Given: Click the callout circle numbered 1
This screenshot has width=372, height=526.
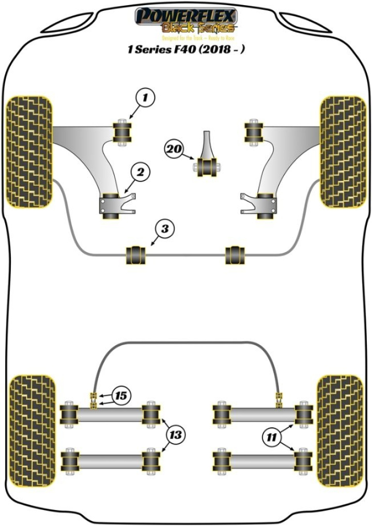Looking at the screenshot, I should click(x=145, y=97).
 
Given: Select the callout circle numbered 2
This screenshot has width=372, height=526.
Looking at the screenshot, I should click(x=140, y=173).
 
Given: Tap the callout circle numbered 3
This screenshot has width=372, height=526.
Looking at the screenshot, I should click(x=165, y=229).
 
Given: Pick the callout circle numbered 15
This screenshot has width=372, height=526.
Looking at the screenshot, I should click(x=121, y=396).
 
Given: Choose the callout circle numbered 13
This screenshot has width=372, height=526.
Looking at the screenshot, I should click(x=176, y=435).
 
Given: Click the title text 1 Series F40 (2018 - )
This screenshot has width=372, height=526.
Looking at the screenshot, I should click(x=186, y=51).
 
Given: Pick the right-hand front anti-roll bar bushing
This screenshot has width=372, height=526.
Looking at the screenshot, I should click(x=235, y=254).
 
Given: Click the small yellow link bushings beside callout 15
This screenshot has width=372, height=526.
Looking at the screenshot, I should click(x=95, y=399).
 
